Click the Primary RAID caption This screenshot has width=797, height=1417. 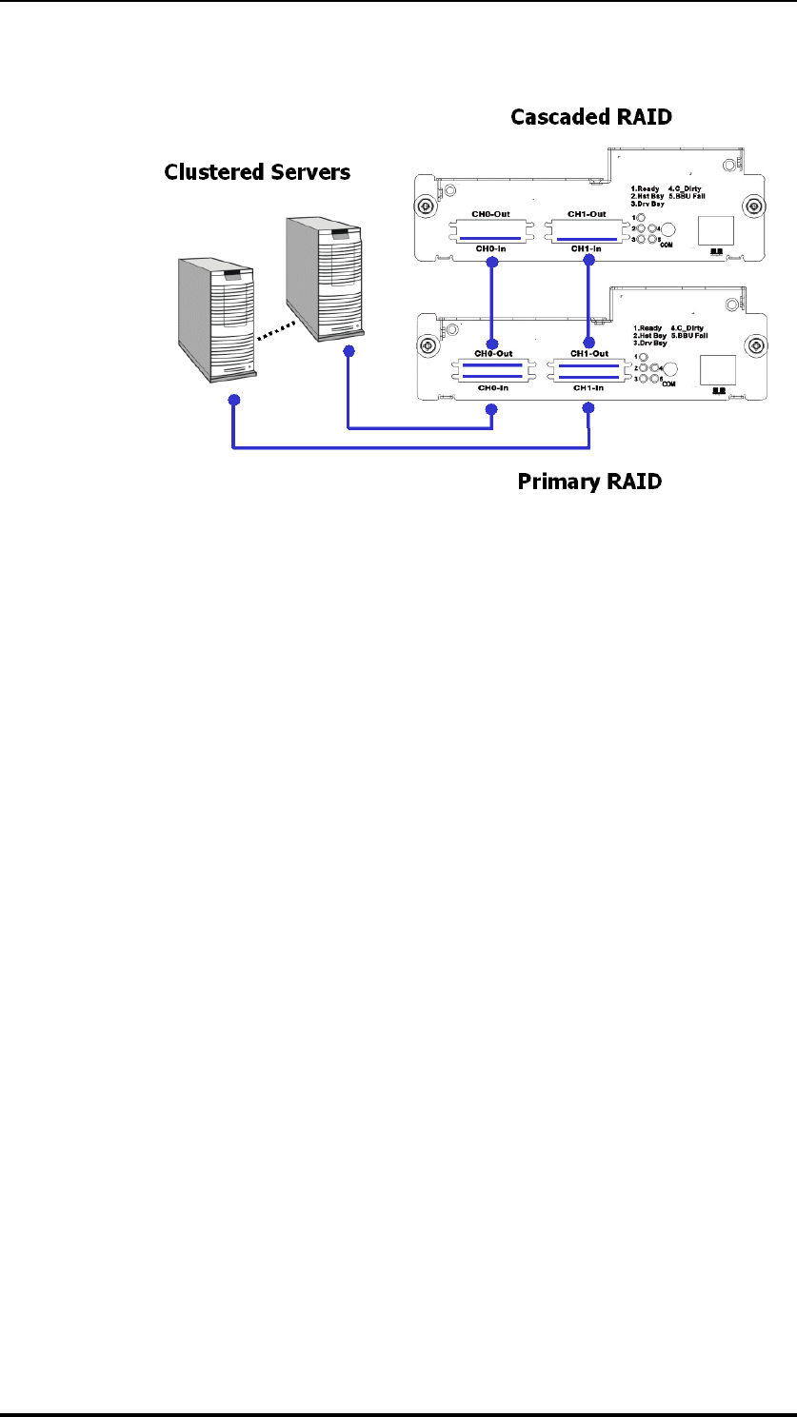coord(589,482)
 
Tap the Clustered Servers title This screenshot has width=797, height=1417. coord(257,172)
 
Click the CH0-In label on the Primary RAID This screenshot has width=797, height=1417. coord(491,389)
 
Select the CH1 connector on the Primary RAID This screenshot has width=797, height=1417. coord(589,370)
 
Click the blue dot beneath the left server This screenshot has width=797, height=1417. coord(233,401)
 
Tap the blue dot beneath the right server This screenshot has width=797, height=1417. coord(349,352)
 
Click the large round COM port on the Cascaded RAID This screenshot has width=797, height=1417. coord(669,229)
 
